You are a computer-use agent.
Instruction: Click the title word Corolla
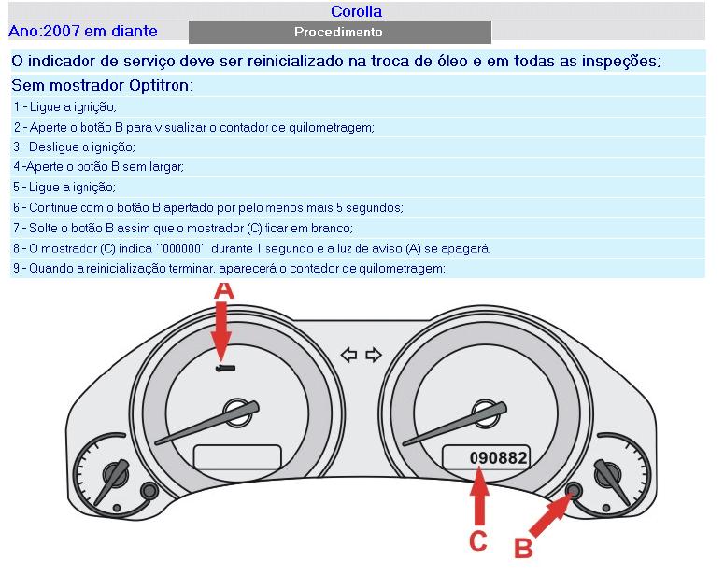(x=356, y=12)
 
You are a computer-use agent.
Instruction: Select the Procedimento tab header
(x=338, y=32)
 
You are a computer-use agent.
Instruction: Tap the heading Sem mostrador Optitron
(x=103, y=86)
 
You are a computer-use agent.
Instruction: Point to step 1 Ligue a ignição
(x=65, y=107)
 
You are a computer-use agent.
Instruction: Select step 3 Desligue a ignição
(x=75, y=147)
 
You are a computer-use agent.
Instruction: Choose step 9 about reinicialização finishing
(x=229, y=268)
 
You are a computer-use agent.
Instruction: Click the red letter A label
(x=223, y=291)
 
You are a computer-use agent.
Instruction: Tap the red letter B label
(x=524, y=548)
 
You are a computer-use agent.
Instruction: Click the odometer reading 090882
(x=498, y=458)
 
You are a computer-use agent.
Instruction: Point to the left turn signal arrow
(x=349, y=355)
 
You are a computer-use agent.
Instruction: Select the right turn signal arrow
(x=374, y=355)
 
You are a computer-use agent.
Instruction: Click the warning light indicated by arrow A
(x=225, y=369)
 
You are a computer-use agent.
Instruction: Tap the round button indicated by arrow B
(x=574, y=490)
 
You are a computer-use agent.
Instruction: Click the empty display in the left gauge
(x=237, y=456)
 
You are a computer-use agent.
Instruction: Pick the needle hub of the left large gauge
(x=232, y=411)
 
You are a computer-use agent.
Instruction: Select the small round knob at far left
(x=147, y=491)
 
